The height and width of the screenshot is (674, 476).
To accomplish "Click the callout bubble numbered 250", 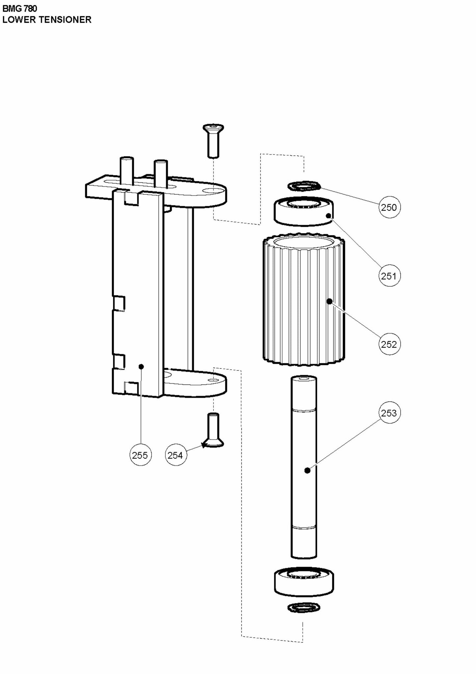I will pyautogui.click(x=389, y=207).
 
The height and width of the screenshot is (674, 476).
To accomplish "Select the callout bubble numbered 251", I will pyautogui.click(x=389, y=276).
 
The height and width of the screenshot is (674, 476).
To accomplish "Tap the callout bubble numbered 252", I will pyautogui.click(x=389, y=344).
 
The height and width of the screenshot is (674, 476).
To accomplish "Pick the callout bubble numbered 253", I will pyautogui.click(x=389, y=413).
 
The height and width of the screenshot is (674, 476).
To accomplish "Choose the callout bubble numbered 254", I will pyautogui.click(x=176, y=455).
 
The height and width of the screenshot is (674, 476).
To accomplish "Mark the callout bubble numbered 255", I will pyautogui.click(x=140, y=455).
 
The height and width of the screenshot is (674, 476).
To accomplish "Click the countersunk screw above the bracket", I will pyautogui.click(x=213, y=140).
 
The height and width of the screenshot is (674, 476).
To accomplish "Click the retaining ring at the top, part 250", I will pyautogui.click(x=304, y=186).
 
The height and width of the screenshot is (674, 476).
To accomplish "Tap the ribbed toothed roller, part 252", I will pyautogui.click(x=304, y=300).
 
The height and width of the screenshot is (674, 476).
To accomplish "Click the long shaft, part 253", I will pyautogui.click(x=304, y=468).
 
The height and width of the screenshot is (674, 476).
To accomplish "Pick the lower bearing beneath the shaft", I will pyautogui.click(x=304, y=583).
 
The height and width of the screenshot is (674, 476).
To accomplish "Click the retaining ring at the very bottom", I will pyautogui.click(x=304, y=607).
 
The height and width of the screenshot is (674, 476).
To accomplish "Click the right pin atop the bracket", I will pyautogui.click(x=161, y=173).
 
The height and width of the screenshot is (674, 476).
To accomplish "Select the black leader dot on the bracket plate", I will pyautogui.click(x=141, y=366).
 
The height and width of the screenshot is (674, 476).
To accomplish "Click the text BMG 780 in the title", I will pyautogui.click(x=20, y=9).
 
